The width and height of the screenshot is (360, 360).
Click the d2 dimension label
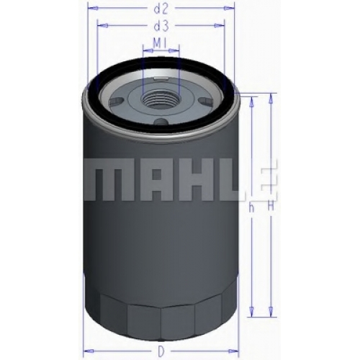click(161, 9)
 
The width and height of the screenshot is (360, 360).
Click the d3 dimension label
click(161, 26)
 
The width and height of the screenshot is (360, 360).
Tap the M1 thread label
click(161, 43)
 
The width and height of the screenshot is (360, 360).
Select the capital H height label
click(271, 207)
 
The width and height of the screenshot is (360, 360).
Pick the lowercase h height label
click(251, 207)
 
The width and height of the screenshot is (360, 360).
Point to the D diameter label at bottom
click(161, 352)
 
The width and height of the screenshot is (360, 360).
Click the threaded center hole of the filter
click(161, 99)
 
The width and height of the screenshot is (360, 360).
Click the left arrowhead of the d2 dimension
click(93, 9)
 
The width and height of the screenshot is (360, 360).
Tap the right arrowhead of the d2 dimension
click(229, 9)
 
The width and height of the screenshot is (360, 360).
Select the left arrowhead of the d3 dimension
click(103, 25)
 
